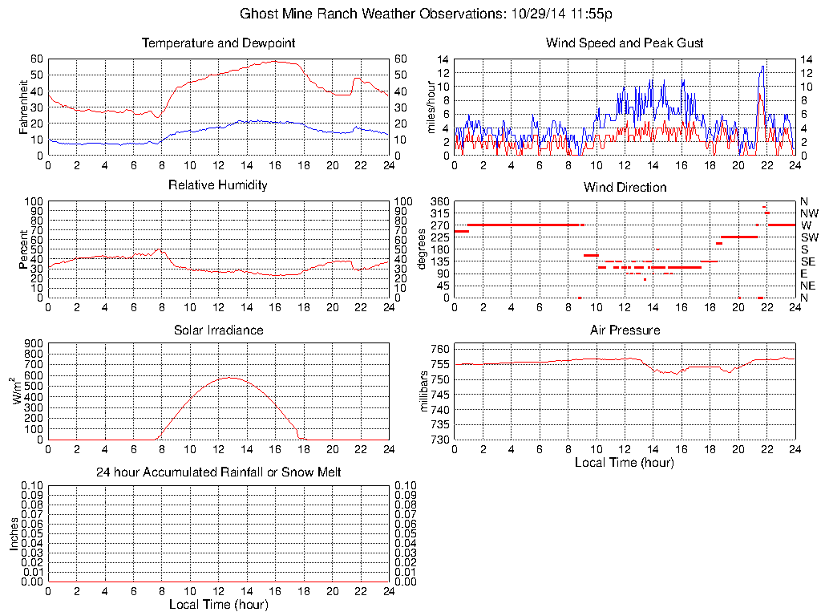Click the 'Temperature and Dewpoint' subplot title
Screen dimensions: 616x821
(218, 43)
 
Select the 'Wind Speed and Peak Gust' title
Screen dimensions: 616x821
(625, 43)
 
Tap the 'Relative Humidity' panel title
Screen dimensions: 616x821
(218, 185)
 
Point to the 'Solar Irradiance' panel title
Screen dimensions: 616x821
(218, 330)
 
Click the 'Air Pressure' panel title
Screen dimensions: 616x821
(625, 330)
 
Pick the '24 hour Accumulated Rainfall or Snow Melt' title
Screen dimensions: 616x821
(218, 472)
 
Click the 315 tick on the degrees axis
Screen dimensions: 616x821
(439, 213)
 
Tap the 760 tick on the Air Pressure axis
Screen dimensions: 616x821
(440, 349)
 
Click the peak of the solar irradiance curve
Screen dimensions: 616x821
(229, 377)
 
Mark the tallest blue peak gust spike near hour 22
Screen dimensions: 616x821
(762, 67)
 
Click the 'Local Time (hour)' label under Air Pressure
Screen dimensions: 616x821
(625, 462)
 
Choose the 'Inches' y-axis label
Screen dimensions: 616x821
(14, 533)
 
